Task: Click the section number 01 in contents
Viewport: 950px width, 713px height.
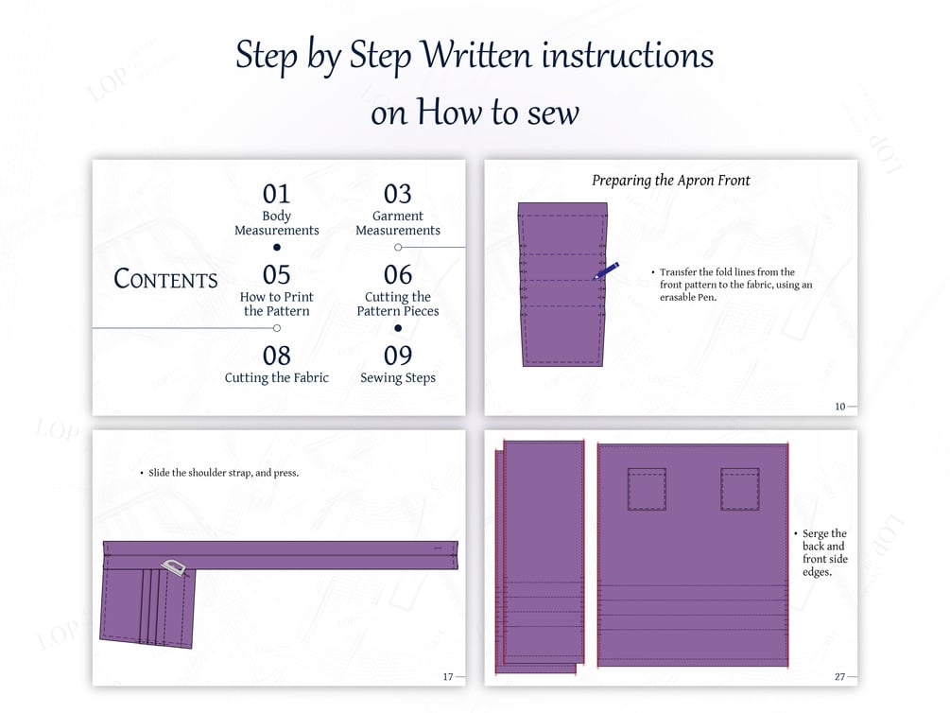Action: coord(276,194)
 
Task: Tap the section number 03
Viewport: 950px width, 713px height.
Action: coord(397,194)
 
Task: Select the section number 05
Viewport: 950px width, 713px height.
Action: coord(276,274)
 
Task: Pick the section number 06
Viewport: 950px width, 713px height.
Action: coord(397,274)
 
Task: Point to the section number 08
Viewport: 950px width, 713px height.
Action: coord(276,356)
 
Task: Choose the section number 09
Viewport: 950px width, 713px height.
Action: coord(397,356)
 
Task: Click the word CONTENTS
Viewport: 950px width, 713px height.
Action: coord(165,279)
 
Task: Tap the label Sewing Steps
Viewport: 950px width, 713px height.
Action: coord(397,377)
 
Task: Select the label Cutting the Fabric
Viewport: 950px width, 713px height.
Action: coord(276,377)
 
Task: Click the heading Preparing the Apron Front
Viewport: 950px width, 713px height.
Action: coord(671,180)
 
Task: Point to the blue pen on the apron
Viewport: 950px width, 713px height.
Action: coord(606,270)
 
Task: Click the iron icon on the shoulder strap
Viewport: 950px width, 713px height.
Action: coord(174,567)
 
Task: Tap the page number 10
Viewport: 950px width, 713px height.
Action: coord(839,407)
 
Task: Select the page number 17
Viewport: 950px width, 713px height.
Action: coord(448,677)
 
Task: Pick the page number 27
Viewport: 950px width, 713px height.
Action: coord(839,677)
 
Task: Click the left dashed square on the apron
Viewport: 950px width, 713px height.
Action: coord(647,489)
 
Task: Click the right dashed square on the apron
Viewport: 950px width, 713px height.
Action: coord(740,489)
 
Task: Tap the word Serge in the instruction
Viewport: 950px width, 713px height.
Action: coord(816,533)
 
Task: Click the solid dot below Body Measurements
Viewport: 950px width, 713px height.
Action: coord(277,247)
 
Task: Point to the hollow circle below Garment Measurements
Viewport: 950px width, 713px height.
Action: coord(398,247)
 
